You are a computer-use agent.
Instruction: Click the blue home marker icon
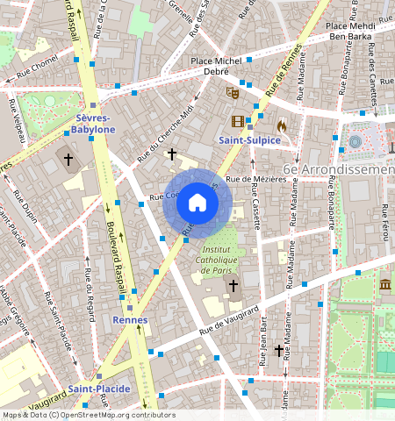197,203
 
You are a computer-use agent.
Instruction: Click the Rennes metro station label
130,320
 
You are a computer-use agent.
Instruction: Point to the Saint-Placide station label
99,389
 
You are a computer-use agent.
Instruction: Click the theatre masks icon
233,89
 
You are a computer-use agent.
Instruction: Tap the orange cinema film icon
238,121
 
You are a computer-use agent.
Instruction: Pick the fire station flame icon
281,126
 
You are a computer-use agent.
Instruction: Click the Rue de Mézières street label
256,179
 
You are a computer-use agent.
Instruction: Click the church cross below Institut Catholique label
233,285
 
